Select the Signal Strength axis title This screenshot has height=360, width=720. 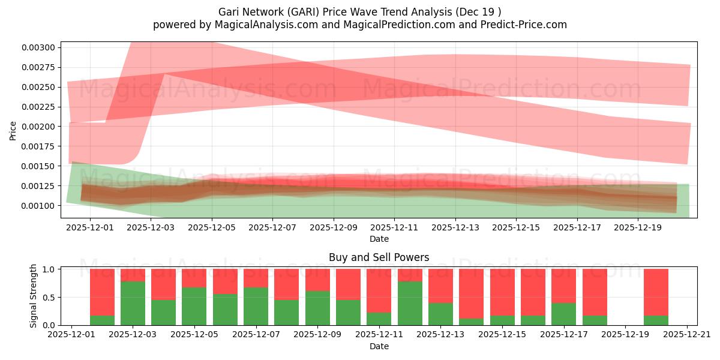34,296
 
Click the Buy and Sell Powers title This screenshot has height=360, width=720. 379,257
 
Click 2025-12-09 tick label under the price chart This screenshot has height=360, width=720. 333,227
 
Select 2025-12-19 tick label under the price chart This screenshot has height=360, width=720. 638,227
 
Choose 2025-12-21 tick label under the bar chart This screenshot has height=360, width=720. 687,335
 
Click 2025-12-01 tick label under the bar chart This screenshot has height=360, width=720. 72,335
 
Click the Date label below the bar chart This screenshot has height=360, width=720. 379,346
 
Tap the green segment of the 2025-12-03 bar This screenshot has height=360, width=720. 133,303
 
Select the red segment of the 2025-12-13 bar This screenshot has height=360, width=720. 440,286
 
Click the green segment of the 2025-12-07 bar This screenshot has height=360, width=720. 256,306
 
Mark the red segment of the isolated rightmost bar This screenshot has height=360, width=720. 656,292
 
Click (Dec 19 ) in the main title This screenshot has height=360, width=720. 479,12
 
